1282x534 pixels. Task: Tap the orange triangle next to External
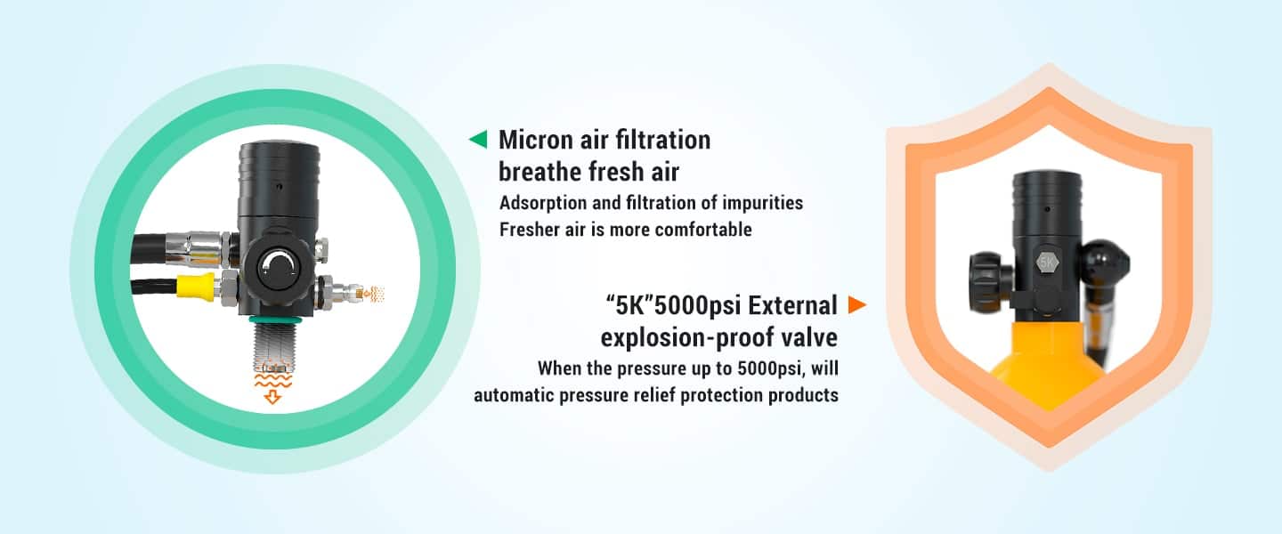856,304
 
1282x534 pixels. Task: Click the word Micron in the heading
536,140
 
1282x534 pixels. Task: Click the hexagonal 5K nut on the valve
1047,263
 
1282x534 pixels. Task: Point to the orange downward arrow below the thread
272,396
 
